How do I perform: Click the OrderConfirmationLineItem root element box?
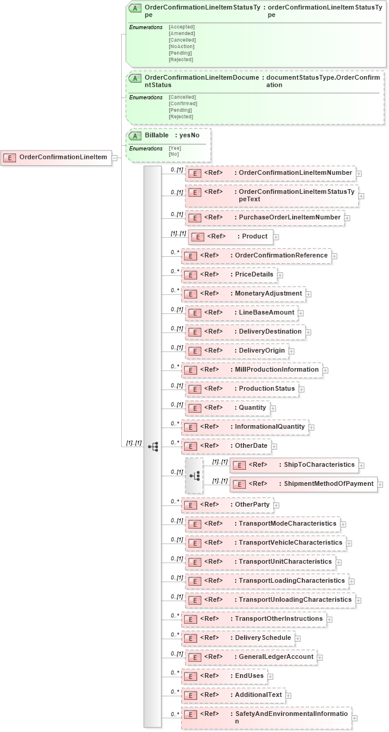(57, 157)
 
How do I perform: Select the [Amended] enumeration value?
(181, 33)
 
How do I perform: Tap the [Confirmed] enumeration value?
(183, 103)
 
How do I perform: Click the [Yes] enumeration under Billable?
(175, 148)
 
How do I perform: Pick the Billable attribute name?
(157, 135)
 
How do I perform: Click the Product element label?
(254, 237)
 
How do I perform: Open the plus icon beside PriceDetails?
(280, 275)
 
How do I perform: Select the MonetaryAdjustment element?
(268, 294)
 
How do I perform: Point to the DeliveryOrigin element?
(263, 351)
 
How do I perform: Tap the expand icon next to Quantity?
(273, 409)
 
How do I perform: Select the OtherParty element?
(252, 505)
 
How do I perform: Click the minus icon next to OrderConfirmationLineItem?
(115, 158)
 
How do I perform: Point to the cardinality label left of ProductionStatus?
(176, 385)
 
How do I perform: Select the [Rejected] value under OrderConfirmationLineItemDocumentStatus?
(181, 117)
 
